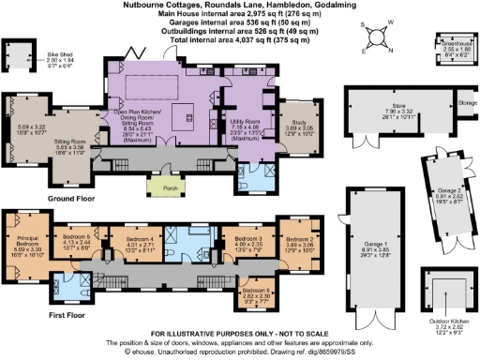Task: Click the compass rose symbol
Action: click(378, 38)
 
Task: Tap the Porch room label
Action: click(159, 186)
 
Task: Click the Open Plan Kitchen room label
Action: click(136, 115)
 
